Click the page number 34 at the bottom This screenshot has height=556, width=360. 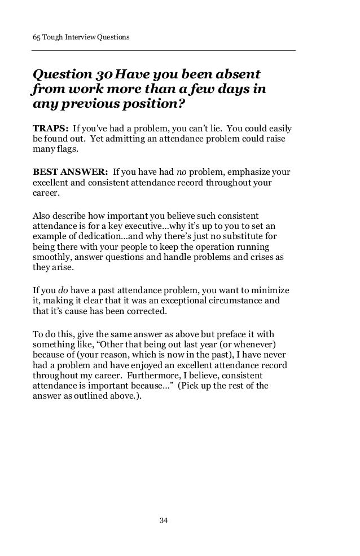(164, 519)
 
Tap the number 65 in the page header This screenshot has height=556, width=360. (36, 38)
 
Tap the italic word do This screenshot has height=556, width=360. (63, 290)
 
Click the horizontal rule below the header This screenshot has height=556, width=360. (164, 51)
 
